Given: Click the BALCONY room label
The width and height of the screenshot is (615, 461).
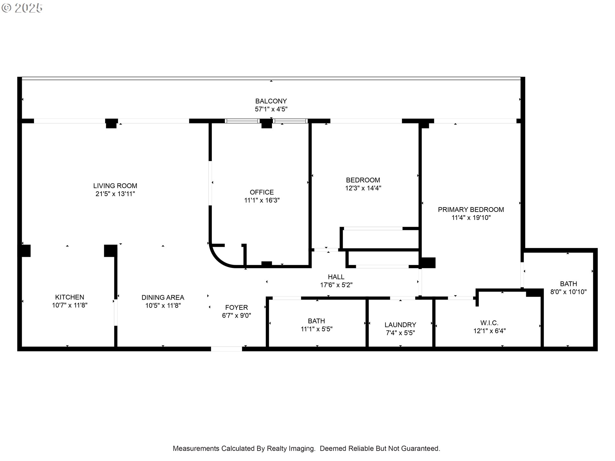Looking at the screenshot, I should pos(271,101).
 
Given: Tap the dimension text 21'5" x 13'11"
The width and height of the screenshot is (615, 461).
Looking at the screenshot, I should pos(115,194).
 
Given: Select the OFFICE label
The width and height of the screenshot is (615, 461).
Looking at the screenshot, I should pos(262,192).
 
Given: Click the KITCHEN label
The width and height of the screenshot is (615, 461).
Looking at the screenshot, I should pos(70,297).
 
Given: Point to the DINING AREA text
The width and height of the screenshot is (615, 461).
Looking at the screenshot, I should pos(163,297).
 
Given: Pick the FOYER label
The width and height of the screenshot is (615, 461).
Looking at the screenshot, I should pos(236,307).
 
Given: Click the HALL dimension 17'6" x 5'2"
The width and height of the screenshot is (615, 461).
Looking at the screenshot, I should pos(336,285).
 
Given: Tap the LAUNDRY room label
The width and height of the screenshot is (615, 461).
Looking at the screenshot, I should pos(400,325).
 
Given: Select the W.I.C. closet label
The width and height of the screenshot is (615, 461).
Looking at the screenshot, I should pos(489,323).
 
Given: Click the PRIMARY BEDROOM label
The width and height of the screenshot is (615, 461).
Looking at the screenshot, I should pos(471,210).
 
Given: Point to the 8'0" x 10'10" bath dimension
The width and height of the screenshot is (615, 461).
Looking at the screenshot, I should pos(568,292).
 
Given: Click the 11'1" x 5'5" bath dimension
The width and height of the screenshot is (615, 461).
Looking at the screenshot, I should pos(316,329).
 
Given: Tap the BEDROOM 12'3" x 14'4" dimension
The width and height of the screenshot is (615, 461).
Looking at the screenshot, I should pos(363,188).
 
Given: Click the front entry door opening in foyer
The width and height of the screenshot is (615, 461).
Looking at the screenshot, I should pos(226,349).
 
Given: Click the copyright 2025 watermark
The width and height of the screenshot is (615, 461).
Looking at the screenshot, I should pos(22,8).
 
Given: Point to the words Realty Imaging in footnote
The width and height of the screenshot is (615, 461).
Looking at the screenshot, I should pos(291,449).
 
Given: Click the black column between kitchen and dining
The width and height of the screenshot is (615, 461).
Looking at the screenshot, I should pos(111,251).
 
